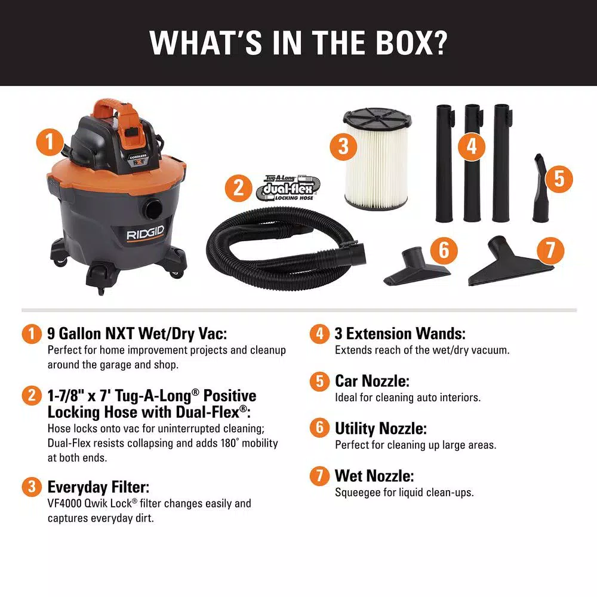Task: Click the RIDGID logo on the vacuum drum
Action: pos(145,233)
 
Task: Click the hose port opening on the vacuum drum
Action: pos(153,209)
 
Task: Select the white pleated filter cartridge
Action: pos(377,159)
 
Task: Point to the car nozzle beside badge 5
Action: pos(540,188)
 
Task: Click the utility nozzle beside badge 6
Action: pos(417,266)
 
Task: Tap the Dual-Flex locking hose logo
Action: pos(288,188)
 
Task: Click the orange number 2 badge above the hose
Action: pos(238,187)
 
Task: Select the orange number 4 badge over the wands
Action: pos(472,146)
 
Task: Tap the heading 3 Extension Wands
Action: pos(400,334)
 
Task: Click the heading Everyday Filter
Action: pos(99,487)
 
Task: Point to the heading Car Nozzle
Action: pos(372,381)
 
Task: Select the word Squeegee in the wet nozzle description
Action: pos(358,493)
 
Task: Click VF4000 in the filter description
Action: pos(64,503)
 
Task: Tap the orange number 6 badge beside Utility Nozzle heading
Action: pos(319,428)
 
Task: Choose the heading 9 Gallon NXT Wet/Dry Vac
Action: pos(137,334)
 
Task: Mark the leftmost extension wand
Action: pos(445,164)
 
